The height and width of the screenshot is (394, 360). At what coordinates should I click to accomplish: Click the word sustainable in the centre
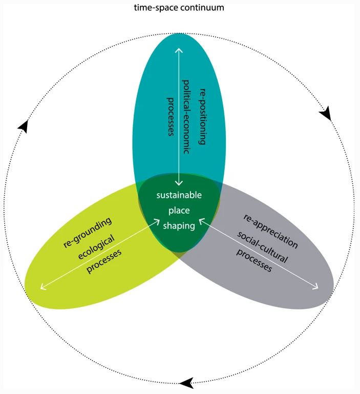coord(179,195)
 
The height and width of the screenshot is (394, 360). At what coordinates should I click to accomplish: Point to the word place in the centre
coord(179,211)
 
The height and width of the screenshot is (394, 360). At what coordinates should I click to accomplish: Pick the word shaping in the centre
coord(179,226)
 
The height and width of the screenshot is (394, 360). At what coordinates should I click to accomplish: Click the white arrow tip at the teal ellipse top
coord(178,49)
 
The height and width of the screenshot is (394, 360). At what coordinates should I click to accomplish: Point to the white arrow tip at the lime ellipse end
coord(42,287)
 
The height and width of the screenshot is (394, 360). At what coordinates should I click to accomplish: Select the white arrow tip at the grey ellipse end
coord(316,287)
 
